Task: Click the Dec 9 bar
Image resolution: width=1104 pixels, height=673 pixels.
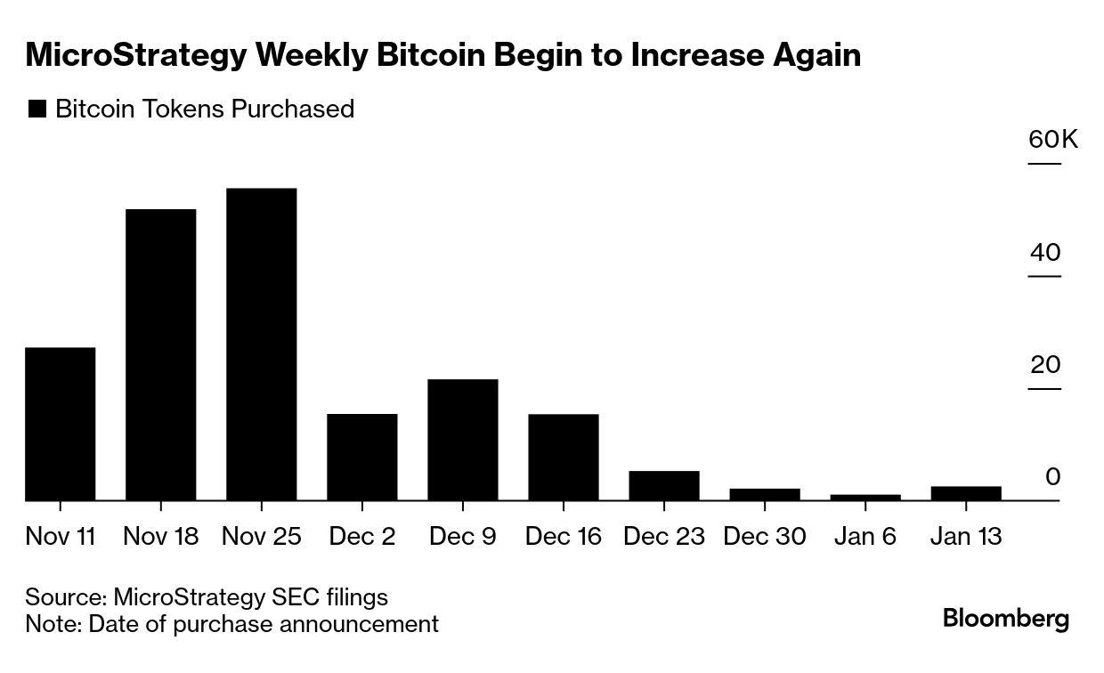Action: point(462,440)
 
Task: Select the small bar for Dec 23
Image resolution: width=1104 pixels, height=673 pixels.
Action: point(663,486)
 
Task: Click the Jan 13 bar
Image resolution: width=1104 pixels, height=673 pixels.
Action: point(965,493)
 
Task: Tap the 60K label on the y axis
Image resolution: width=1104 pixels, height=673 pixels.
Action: point(1052,140)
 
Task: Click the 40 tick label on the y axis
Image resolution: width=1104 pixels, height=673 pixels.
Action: point(1045,253)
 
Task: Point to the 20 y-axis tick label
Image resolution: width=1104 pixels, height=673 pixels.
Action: point(1045,365)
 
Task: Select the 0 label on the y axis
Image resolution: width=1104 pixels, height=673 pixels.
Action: point(1052,477)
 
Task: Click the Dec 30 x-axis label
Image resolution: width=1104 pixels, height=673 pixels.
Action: point(764,537)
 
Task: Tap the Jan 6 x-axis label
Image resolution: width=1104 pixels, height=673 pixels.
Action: point(865,537)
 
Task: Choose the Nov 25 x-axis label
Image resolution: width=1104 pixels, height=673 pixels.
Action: point(261,537)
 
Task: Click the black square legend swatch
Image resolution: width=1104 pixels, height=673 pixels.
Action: point(37,109)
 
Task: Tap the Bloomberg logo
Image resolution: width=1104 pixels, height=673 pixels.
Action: point(1006,619)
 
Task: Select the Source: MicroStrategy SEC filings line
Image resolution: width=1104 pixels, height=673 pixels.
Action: point(207,596)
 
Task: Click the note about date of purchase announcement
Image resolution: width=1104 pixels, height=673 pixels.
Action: point(231,624)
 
